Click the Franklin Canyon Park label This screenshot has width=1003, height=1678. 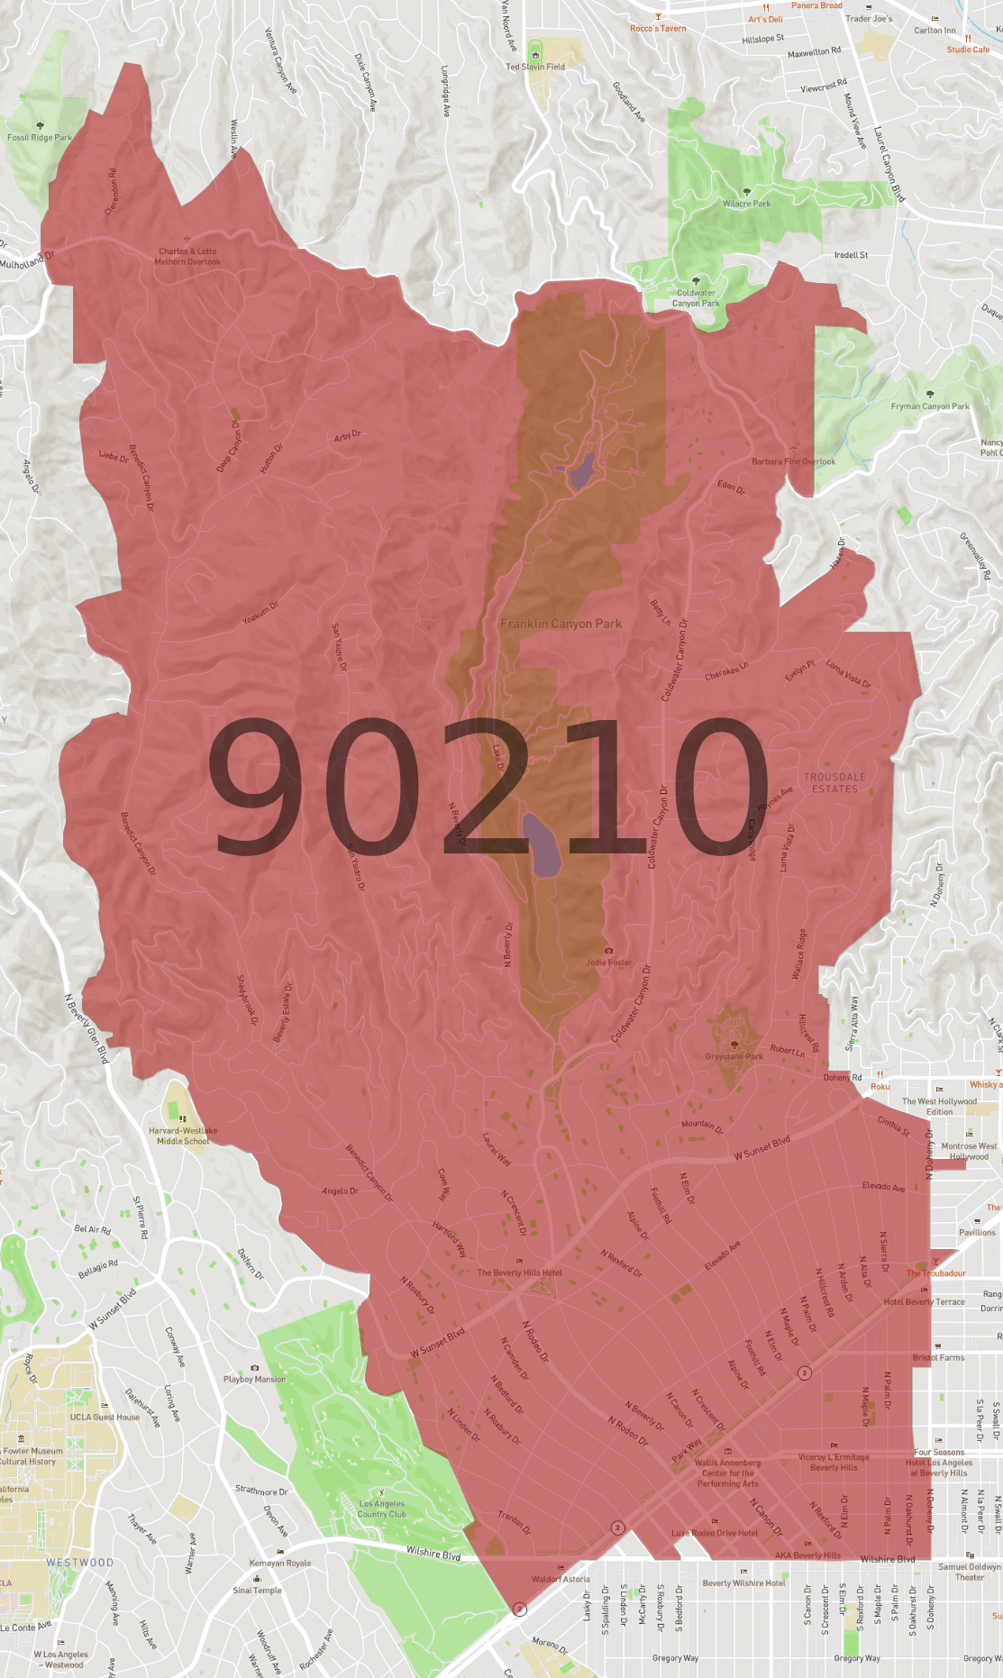pos(561,624)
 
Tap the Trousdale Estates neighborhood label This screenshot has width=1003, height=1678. pos(834,782)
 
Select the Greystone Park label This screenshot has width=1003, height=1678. pos(734,1056)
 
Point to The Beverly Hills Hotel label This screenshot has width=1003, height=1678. pos(519,1272)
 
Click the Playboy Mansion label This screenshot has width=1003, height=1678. pos(254,1379)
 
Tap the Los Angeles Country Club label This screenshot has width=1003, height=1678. pos(382,1509)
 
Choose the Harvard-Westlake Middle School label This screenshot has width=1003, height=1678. pos(183,1135)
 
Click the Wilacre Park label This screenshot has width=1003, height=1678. pos(746,204)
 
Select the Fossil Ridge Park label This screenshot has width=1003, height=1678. pos(40,138)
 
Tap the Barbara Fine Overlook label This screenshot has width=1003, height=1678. pos(793,461)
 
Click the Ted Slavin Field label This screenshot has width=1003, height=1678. pos(535,67)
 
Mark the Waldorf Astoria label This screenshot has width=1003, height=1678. pos(561,1578)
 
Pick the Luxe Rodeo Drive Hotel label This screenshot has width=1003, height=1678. pos(714,1532)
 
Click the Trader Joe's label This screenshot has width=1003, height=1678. pos(869,18)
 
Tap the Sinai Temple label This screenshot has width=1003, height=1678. pos(257,1590)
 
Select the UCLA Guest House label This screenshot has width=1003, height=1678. pos(105,1417)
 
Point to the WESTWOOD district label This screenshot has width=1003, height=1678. pos(80,1563)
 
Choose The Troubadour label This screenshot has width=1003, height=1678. pos(935,1272)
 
